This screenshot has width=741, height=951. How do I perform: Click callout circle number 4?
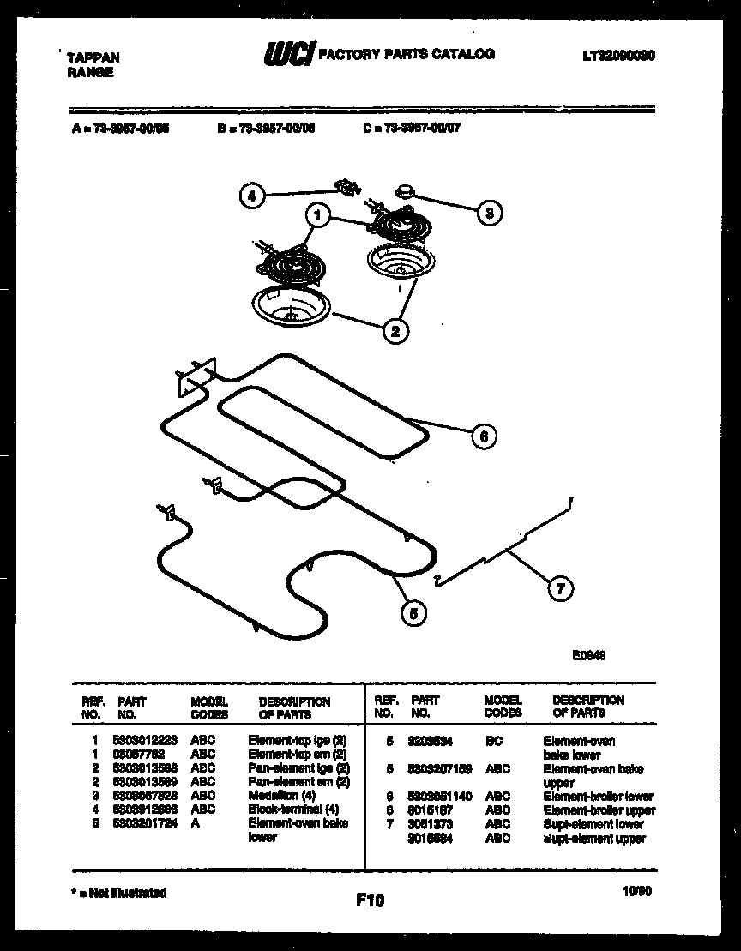pyautogui.click(x=251, y=196)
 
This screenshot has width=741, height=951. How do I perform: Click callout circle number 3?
pyautogui.click(x=489, y=213)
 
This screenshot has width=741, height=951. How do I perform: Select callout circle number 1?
pyautogui.click(x=317, y=215)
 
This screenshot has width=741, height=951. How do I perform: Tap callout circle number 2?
pyautogui.click(x=395, y=331)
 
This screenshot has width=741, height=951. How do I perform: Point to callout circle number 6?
pyautogui.click(x=484, y=436)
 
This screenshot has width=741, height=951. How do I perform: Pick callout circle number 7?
pyautogui.click(x=561, y=588)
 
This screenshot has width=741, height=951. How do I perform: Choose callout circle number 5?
pyautogui.click(x=413, y=612)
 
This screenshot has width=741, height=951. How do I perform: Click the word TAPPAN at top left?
pyautogui.click(x=93, y=57)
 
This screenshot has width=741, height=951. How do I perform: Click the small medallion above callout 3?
pyautogui.click(x=403, y=189)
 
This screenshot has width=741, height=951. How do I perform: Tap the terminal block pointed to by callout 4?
pyautogui.click(x=346, y=185)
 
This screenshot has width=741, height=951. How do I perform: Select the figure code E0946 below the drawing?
pyautogui.click(x=589, y=653)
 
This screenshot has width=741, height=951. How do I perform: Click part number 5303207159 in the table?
pyautogui.click(x=441, y=769)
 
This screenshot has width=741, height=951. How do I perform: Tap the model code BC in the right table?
pyautogui.click(x=494, y=741)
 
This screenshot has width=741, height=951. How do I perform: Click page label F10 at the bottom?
pyautogui.click(x=370, y=900)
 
